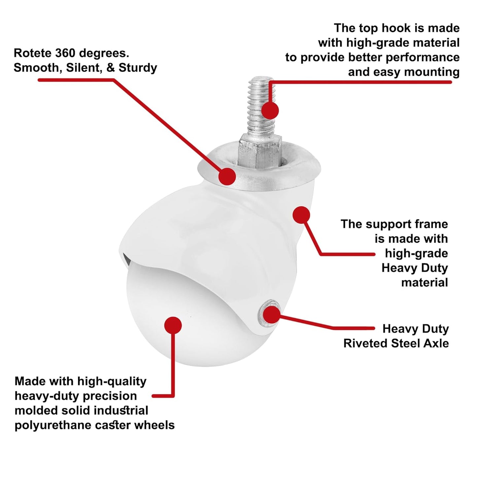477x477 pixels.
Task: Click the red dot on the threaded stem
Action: click(270, 110)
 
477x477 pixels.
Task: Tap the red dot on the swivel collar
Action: click(227, 176)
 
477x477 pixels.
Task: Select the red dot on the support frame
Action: click(301, 215)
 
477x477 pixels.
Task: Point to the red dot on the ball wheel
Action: click(173, 325)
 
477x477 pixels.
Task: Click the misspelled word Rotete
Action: click(33, 53)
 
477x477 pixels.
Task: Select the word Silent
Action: click(84, 68)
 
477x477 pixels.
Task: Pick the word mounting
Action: click(432, 72)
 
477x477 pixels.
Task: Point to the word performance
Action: click(423, 58)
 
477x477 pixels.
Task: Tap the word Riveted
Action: click(365, 343)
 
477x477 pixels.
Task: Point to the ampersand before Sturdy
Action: click(110, 68)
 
